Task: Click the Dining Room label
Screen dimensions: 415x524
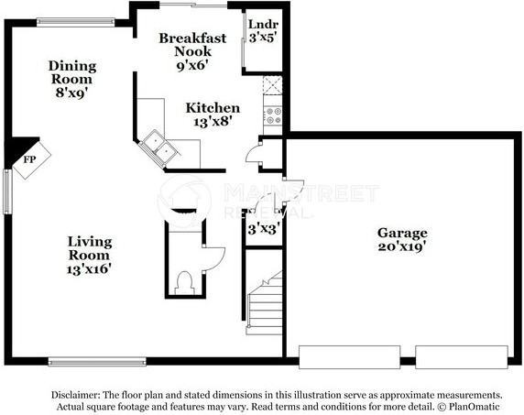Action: [72, 78]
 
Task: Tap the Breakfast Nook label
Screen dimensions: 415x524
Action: [192, 45]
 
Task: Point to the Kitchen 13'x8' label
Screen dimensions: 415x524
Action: [213, 115]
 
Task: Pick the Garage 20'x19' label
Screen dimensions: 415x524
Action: [402, 240]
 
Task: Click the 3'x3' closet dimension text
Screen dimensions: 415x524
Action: [264, 229]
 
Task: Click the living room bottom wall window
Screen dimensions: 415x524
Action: [96, 360]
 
